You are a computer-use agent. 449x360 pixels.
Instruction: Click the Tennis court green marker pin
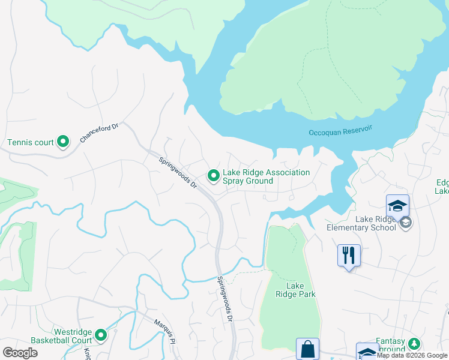(63, 142)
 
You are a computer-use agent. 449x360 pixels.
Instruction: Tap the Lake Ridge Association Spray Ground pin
(213, 176)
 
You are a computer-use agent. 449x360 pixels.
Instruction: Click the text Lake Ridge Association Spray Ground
(266, 176)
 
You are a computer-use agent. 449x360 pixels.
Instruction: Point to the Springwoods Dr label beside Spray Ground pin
(178, 172)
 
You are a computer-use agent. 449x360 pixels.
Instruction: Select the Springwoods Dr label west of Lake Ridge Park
(224, 298)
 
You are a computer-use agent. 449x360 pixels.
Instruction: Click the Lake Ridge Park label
(295, 290)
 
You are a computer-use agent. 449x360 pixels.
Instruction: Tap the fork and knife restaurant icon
(349, 255)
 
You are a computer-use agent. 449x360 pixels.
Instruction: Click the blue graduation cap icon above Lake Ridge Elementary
(397, 206)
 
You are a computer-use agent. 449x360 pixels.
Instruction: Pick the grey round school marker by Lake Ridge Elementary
(406, 223)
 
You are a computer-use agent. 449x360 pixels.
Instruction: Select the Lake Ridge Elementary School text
(361, 223)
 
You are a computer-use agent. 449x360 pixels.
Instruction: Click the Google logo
(20, 352)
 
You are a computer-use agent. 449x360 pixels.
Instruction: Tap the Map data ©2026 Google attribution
(412, 355)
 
